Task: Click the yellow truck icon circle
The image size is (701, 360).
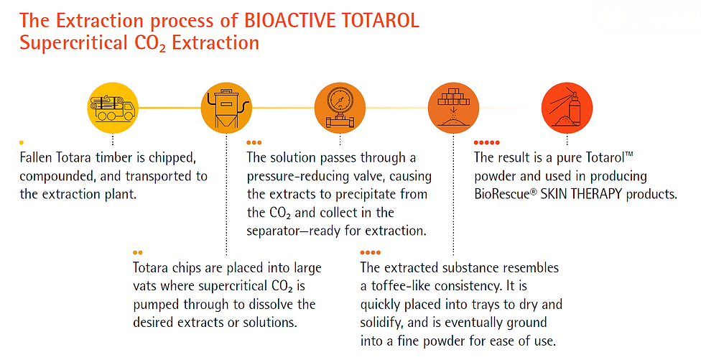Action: [113, 108]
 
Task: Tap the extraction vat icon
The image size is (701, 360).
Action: [226, 108]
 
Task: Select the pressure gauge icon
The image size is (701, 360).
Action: [340, 108]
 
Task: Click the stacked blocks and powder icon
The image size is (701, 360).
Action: [453, 108]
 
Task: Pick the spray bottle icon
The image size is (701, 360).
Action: [567, 108]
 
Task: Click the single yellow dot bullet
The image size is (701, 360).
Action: [22, 143]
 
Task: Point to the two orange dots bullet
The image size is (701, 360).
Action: [138, 253]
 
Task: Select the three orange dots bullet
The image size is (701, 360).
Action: [254, 143]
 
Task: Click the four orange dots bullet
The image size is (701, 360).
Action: [370, 253]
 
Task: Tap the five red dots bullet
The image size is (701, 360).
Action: [487, 143]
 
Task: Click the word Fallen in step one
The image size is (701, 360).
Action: [36, 157]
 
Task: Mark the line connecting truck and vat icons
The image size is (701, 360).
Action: [170, 108]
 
